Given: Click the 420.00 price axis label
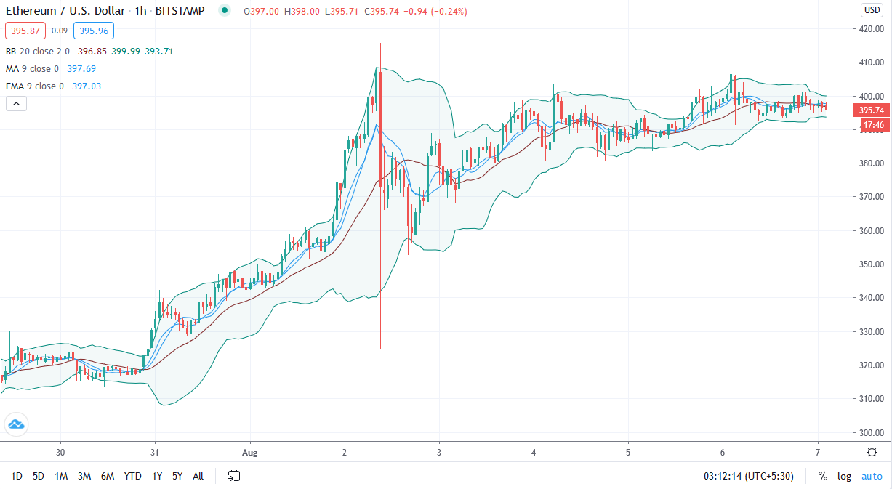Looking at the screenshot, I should point(871,29).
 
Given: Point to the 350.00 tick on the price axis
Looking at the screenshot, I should point(871,264).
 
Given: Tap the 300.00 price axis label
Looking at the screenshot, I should point(871,432).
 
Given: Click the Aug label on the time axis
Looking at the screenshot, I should point(249,452).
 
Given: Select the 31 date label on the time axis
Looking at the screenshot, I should point(154,452).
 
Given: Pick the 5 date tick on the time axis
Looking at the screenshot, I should point(628,452).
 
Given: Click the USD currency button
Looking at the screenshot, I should point(872,10).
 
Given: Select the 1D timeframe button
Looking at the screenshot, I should point(17,476).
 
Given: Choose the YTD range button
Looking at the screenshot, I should point(132,476).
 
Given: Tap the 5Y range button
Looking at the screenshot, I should point(177,476).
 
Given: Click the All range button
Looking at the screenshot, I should point(198,476).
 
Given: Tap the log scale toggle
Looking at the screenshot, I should point(844,476).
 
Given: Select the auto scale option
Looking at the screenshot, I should point(872,476).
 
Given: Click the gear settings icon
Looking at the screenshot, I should point(872,452).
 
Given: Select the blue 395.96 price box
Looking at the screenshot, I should point(94,31).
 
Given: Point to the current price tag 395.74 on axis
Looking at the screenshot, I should point(871,110).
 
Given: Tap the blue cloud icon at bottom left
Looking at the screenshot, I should point(16,424).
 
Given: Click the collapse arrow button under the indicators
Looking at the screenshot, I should point(16,104).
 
